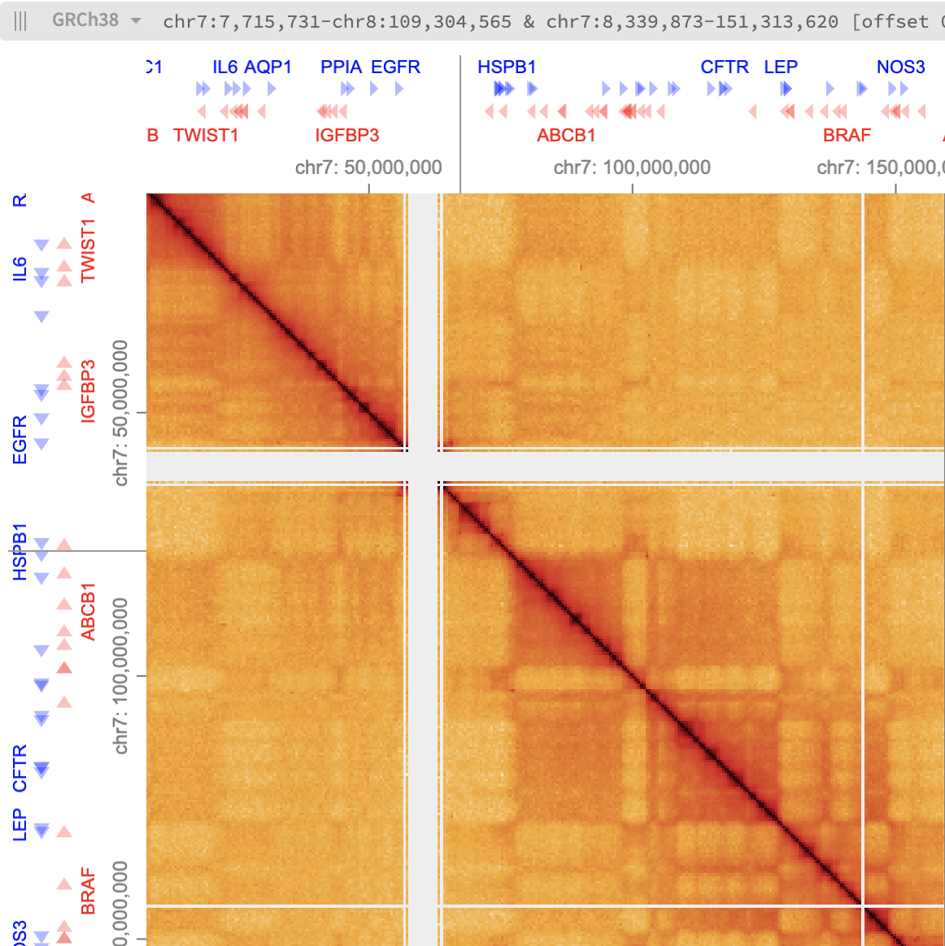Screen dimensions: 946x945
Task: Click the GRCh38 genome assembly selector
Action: [x=95, y=20]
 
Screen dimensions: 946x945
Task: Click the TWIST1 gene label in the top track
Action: [x=206, y=135]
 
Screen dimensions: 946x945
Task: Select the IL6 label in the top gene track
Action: [x=225, y=67]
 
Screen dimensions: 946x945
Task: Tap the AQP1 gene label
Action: [x=268, y=67]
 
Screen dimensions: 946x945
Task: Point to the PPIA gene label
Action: [x=341, y=67]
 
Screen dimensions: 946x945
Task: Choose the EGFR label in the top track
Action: [x=395, y=67]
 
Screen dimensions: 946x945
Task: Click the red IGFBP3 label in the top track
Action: [x=347, y=135]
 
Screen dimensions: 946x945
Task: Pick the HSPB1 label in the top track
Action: [x=507, y=67]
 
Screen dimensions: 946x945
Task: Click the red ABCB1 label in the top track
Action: [x=566, y=135]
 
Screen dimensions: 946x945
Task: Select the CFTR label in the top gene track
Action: [x=725, y=67]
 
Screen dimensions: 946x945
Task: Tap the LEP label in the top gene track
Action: [x=781, y=67]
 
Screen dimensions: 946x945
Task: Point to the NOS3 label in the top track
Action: [x=900, y=67]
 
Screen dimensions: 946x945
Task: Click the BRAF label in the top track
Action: [x=847, y=135]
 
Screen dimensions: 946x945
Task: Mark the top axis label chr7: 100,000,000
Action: [x=632, y=167]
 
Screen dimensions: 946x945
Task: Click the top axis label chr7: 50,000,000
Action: [x=368, y=167]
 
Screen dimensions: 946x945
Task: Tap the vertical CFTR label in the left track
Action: [x=20, y=768]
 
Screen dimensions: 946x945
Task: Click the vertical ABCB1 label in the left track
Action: [x=88, y=611]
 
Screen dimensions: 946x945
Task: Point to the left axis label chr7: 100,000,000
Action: [x=121, y=676]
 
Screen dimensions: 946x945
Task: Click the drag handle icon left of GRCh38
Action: [x=20, y=20]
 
